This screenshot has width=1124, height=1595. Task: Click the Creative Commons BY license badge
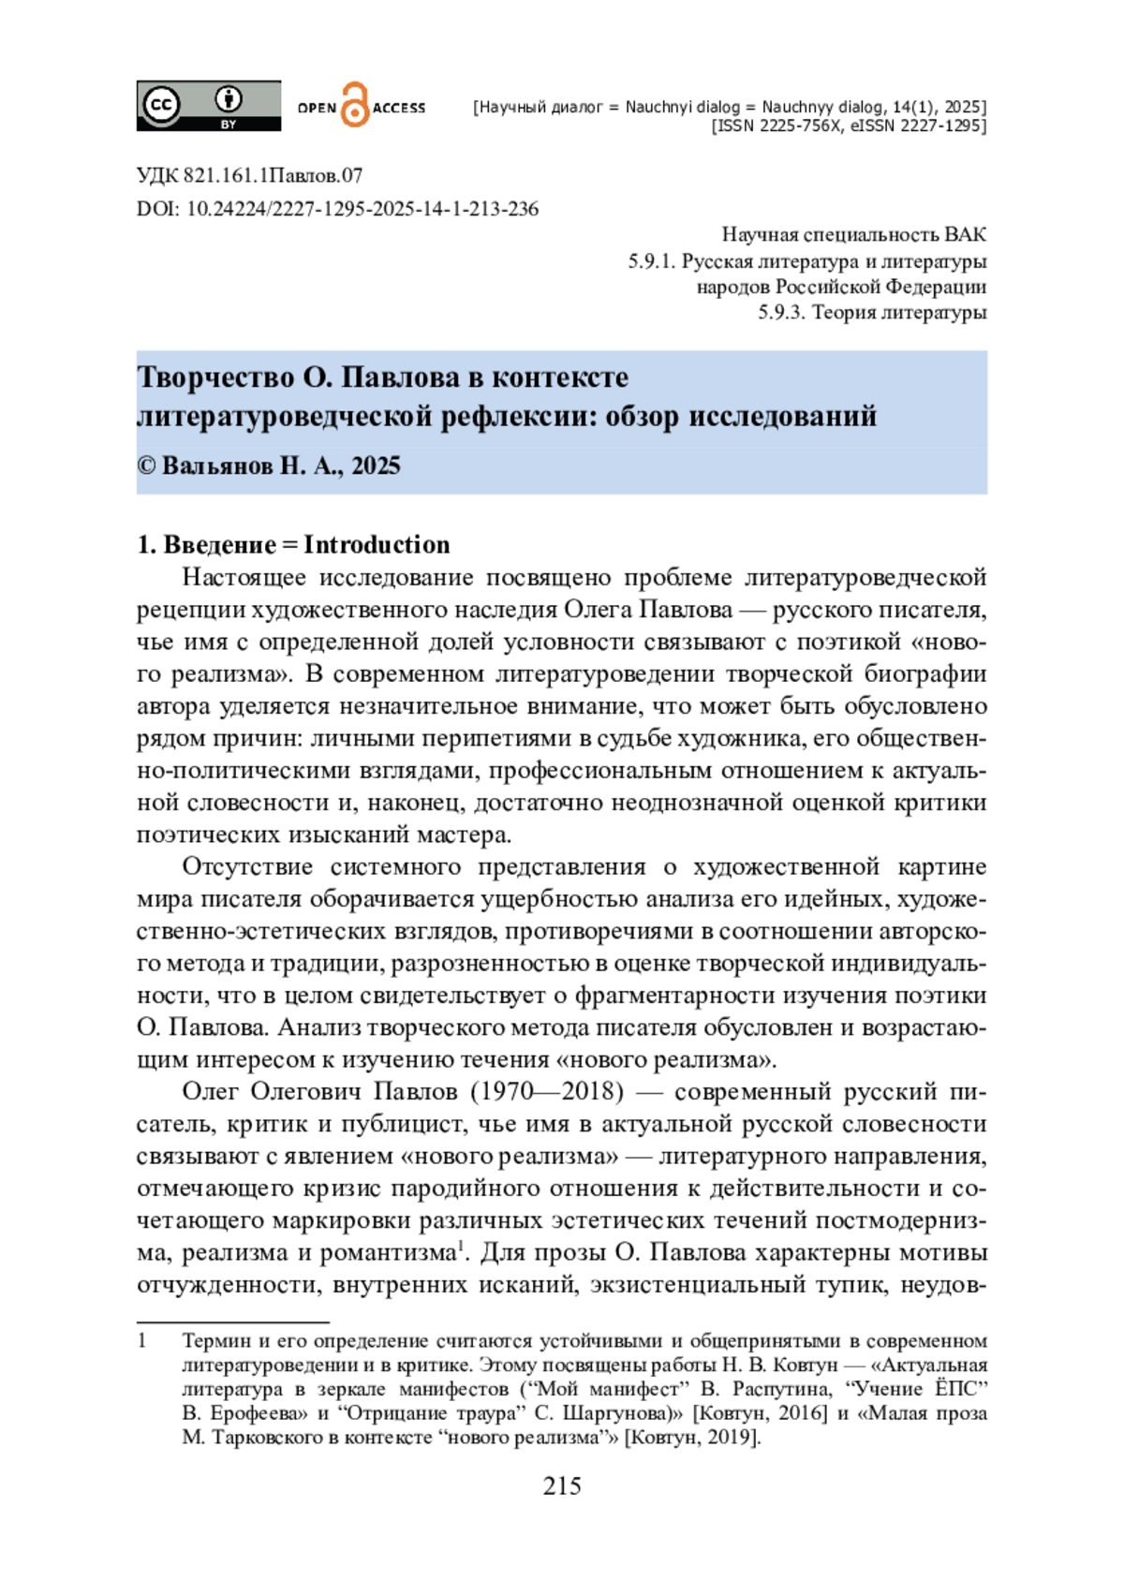click(x=208, y=105)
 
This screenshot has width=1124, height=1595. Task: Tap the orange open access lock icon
click(x=355, y=105)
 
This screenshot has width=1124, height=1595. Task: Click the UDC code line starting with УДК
click(x=249, y=175)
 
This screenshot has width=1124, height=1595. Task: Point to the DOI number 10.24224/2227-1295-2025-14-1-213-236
click(x=362, y=208)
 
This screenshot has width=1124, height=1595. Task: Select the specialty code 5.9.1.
click(x=651, y=261)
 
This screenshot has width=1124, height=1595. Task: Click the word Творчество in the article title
click(x=215, y=377)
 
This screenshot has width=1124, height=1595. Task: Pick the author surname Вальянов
click(x=217, y=465)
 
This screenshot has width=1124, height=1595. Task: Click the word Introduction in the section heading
click(x=377, y=544)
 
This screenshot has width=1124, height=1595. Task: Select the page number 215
click(x=562, y=1486)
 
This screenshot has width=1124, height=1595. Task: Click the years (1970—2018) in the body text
click(x=547, y=1091)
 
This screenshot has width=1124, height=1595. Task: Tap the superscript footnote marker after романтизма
click(x=460, y=1246)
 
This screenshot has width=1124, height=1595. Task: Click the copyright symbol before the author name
click(x=146, y=466)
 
